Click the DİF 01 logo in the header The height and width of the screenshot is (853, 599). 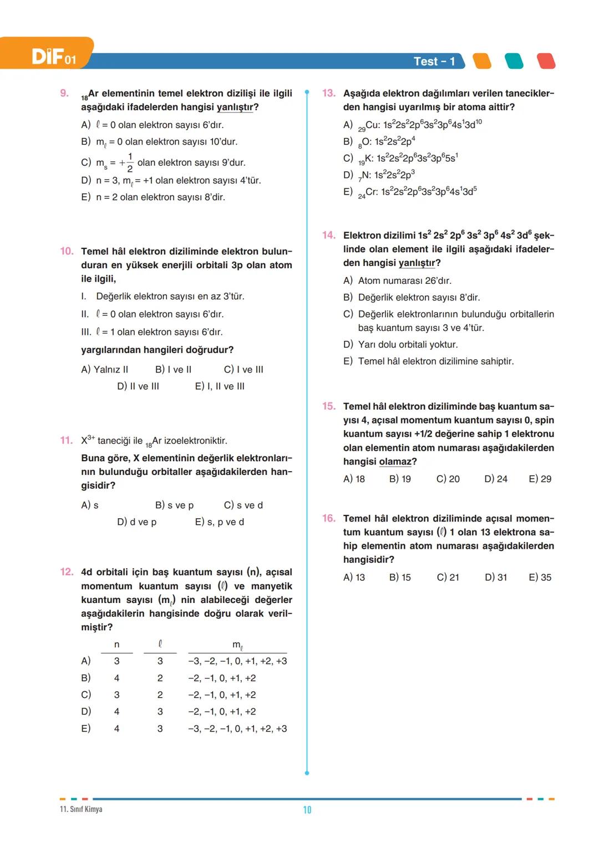click(x=53, y=57)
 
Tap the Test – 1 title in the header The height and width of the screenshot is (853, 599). click(x=434, y=62)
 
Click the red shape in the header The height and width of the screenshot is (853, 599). click(x=546, y=61)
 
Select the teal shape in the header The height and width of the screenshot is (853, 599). click(x=514, y=61)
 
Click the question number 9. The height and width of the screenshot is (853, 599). click(x=64, y=93)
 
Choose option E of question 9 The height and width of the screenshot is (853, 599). click(x=153, y=197)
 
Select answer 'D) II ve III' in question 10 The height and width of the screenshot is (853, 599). click(x=138, y=386)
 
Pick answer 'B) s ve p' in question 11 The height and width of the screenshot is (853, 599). click(x=174, y=505)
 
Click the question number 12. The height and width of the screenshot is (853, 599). click(x=67, y=572)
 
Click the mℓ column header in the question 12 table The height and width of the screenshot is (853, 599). click(x=237, y=645)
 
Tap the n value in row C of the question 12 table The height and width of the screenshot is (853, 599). click(x=116, y=695)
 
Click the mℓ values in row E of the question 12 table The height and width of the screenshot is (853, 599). click(x=237, y=729)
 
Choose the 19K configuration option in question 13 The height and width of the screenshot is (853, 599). click(x=408, y=159)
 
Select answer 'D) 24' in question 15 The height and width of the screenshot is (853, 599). click(x=495, y=479)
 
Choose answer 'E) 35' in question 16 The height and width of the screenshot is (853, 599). click(x=540, y=578)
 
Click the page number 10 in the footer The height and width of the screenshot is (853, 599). click(x=307, y=810)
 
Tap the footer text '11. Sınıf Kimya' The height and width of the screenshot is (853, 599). click(x=81, y=809)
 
